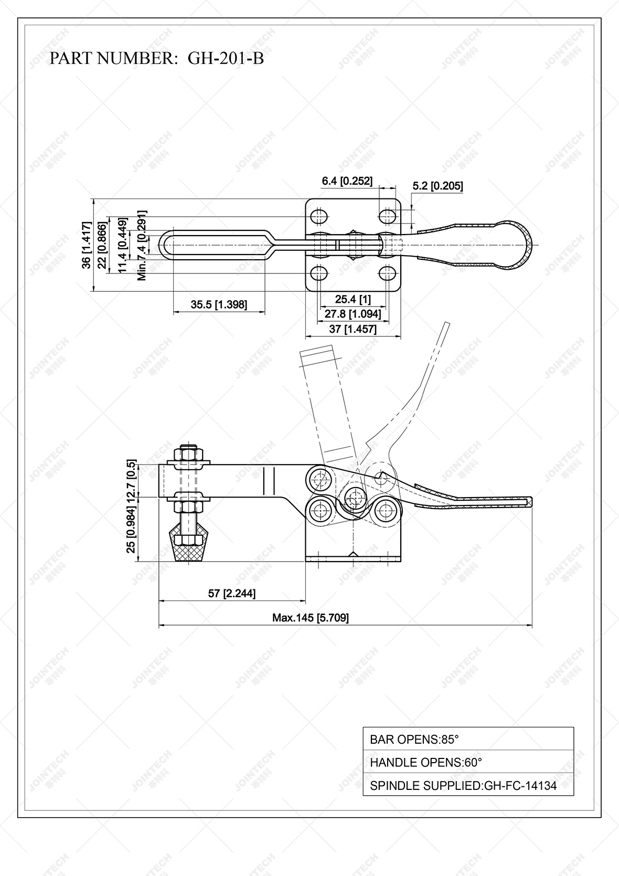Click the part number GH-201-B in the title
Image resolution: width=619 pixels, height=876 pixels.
click(226, 58)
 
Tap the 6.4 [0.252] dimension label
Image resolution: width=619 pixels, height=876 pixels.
click(347, 181)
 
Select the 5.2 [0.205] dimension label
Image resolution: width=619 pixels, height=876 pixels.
click(437, 186)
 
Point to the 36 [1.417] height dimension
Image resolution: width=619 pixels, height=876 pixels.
click(87, 245)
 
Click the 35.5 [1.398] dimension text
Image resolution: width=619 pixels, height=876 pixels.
click(219, 304)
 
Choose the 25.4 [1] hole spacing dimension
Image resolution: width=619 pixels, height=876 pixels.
click(353, 300)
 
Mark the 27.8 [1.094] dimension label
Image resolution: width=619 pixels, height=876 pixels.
click(353, 314)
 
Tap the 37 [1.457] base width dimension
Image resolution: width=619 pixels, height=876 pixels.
click(353, 329)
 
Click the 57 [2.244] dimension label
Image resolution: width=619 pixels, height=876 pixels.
click(232, 594)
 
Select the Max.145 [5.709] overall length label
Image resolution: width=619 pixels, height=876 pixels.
click(310, 618)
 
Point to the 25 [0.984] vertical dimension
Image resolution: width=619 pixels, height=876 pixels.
click(132, 532)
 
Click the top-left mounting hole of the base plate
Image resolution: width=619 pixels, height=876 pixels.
click(319, 216)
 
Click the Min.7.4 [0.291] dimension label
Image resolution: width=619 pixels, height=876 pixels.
click(142, 245)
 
